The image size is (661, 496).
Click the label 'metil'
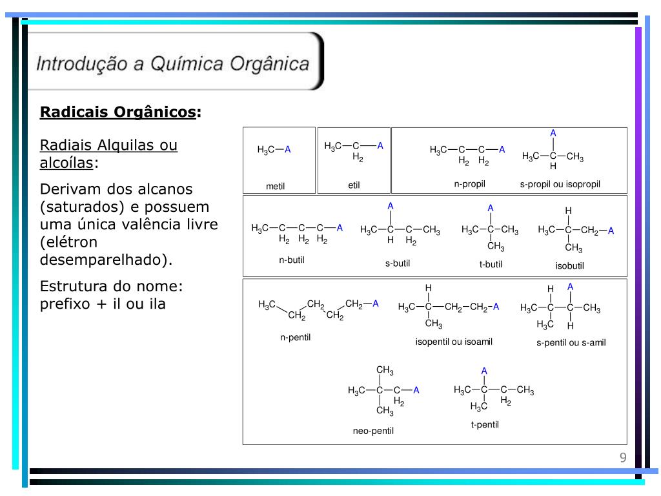(x=275, y=187)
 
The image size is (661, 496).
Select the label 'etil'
(x=354, y=185)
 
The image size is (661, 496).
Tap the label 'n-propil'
(x=469, y=184)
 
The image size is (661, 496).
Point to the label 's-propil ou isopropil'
(x=560, y=184)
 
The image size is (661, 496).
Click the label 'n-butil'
(x=291, y=260)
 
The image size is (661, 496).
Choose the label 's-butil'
(x=398, y=263)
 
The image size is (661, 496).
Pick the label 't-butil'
(x=491, y=263)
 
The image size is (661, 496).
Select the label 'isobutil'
(x=570, y=265)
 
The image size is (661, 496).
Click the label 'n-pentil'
(x=295, y=337)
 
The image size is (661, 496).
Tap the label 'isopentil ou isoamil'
(x=454, y=342)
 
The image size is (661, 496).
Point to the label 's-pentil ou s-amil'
(x=571, y=343)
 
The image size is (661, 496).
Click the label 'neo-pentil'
(x=373, y=431)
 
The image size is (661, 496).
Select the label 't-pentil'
(x=485, y=424)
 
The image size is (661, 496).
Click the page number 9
(x=623, y=458)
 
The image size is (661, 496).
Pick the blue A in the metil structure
(x=288, y=150)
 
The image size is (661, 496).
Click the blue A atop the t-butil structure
(x=491, y=208)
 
